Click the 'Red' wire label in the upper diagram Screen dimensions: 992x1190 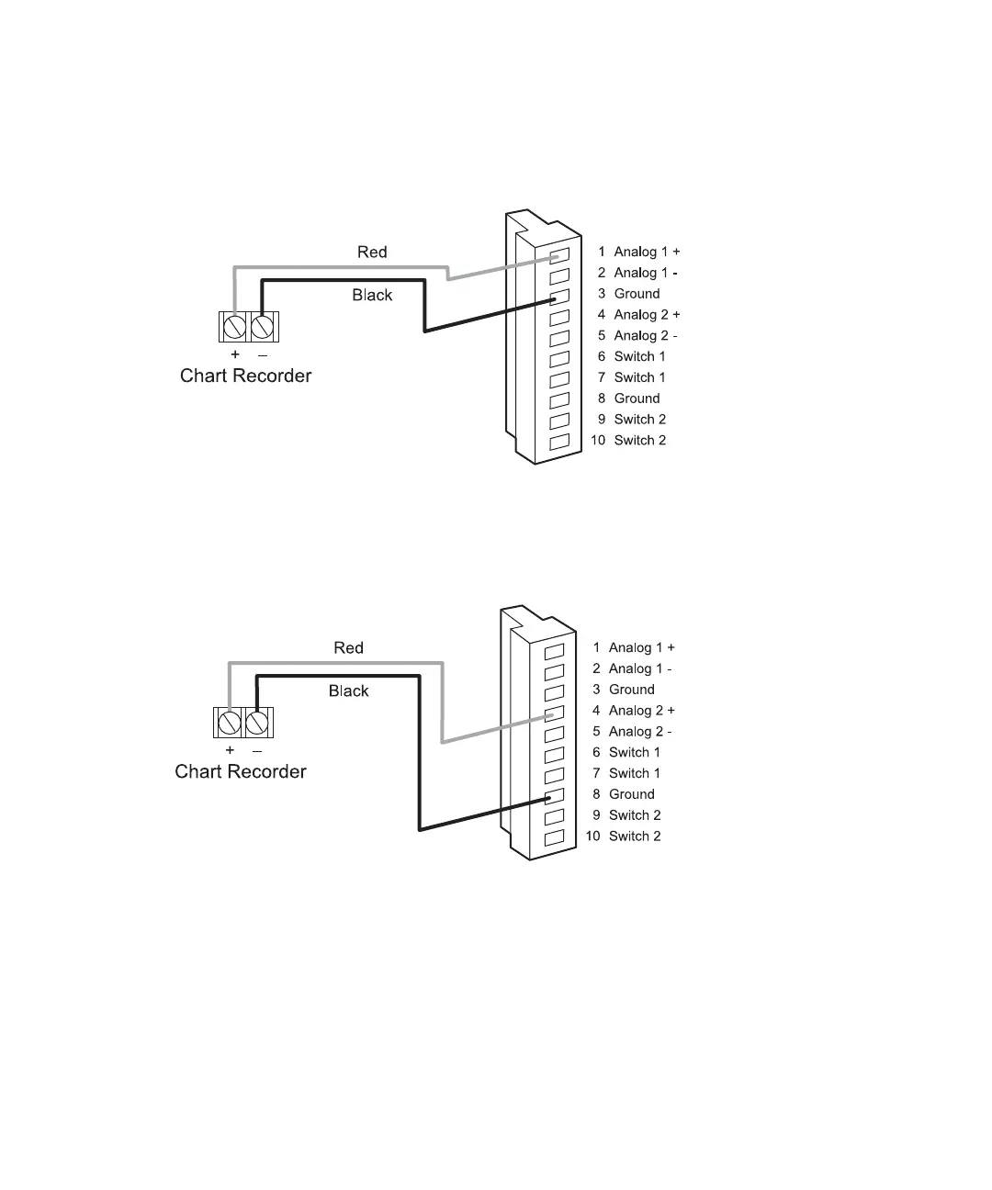pos(372,252)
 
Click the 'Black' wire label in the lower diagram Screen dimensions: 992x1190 pos(348,690)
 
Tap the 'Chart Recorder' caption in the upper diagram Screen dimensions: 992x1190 pos(245,376)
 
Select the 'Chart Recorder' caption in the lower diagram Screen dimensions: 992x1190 pos(241,771)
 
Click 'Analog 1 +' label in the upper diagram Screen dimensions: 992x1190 pos(647,252)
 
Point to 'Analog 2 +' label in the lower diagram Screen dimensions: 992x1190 pos(641,711)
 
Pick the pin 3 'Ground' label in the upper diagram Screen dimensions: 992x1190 pos(637,294)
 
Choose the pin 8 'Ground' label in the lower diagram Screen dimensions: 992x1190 pos(631,794)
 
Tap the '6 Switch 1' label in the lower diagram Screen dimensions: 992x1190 pos(634,753)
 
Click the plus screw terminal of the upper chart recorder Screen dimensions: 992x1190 pos(233,327)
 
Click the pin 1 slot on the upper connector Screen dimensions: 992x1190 pos(559,253)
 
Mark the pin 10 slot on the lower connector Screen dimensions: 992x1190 pos(554,838)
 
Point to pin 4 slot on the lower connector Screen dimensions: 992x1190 pos(554,713)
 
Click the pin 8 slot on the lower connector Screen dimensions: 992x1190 pos(554,797)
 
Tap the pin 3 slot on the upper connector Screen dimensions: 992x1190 pos(559,296)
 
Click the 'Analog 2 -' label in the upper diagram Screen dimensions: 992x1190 pos(646,336)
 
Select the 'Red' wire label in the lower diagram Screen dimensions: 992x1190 pos(348,648)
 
